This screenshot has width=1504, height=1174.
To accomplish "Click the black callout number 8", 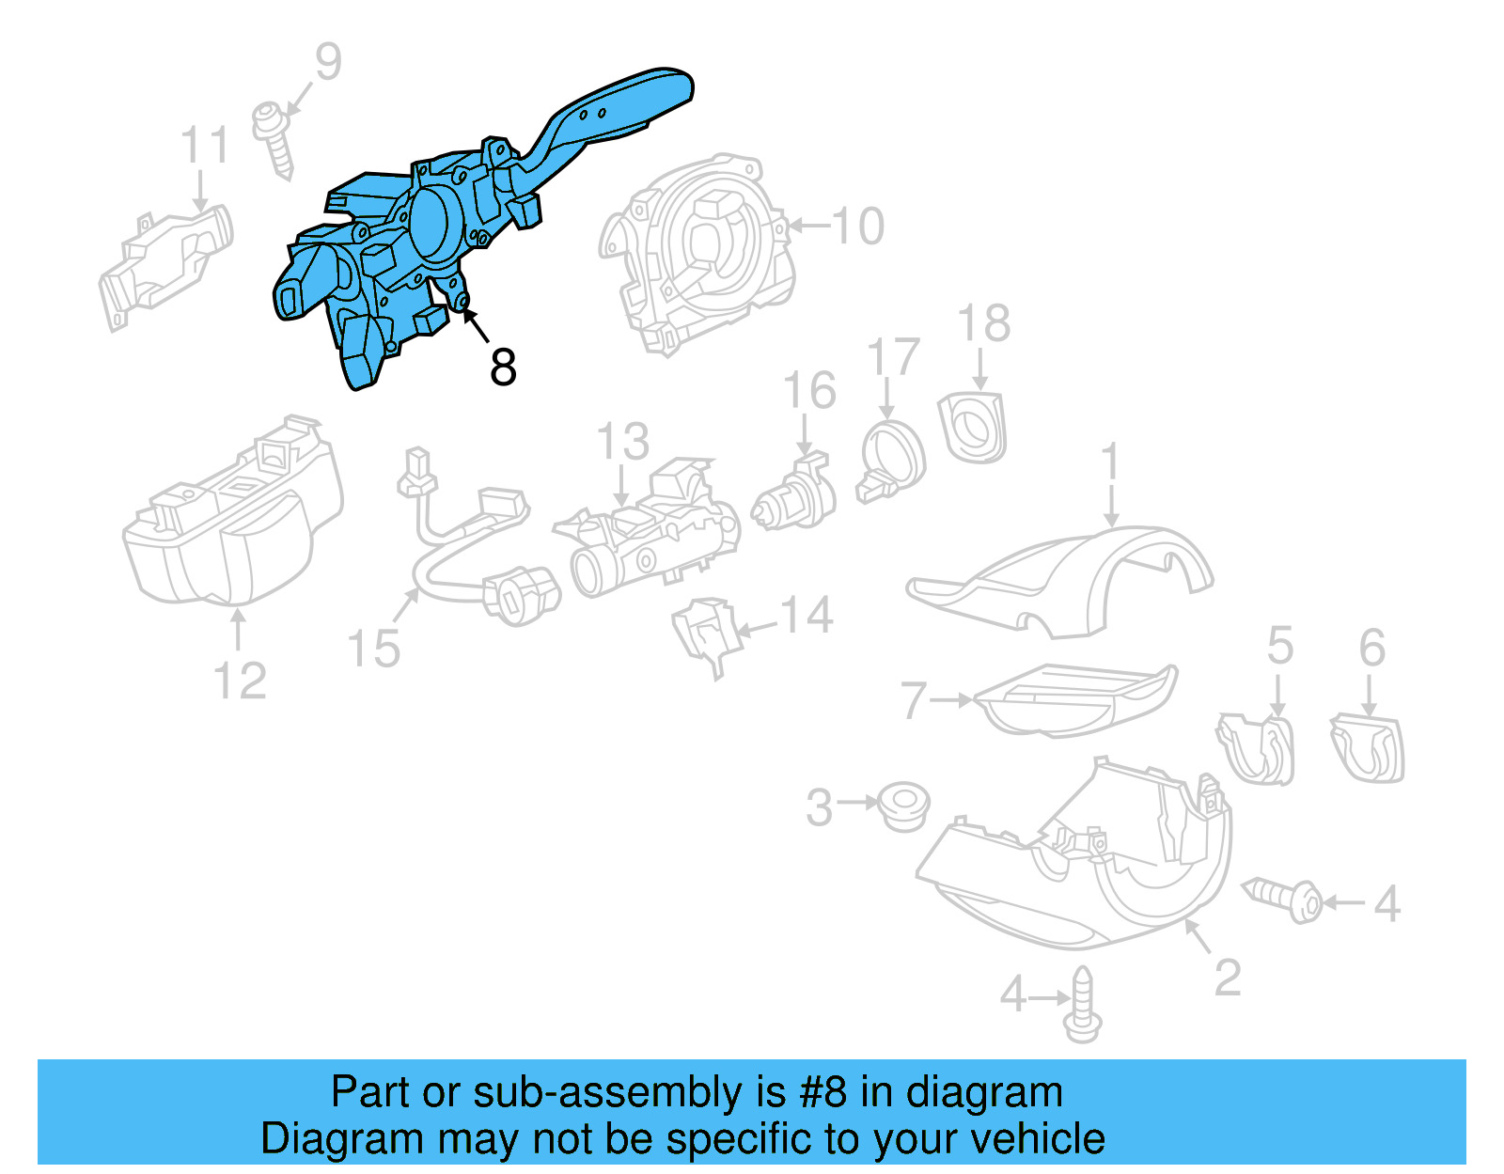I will pyautogui.click(x=503, y=367).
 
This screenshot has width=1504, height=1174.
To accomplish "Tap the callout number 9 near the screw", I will pyautogui.click(x=327, y=62).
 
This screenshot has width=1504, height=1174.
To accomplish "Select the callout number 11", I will pyautogui.click(x=205, y=147).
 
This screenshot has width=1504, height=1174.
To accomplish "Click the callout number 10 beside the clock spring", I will pyautogui.click(x=857, y=227).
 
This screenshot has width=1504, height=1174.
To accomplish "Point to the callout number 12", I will pyautogui.click(x=240, y=681).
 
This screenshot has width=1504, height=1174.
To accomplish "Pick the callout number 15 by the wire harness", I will pyautogui.click(x=373, y=649).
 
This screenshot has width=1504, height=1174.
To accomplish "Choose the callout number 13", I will pyautogui.click(x=622, y=441).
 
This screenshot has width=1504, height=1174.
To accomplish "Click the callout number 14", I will pyautogui.click(x=807, y=616).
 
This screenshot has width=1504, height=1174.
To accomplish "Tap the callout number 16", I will pyautogui.click(x=809, y=390).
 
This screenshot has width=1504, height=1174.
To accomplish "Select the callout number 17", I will pyautogui.click(x=892, y=357).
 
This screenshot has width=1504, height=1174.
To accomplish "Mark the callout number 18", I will pyautogui.click(x=983, y=323).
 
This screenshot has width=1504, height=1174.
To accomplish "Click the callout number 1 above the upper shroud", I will pyautogui.click(x=1111, y=462).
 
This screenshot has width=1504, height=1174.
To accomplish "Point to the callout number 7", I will pyautogui.click(x=914, y=700).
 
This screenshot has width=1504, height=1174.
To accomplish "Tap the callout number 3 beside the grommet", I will pyautogui.click(x=819, y=807).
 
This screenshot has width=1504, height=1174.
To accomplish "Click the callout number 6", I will pyautogui.click(x=1371, y=648).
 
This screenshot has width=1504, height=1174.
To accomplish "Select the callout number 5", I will pyautogui.click(x=1279, y=646).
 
